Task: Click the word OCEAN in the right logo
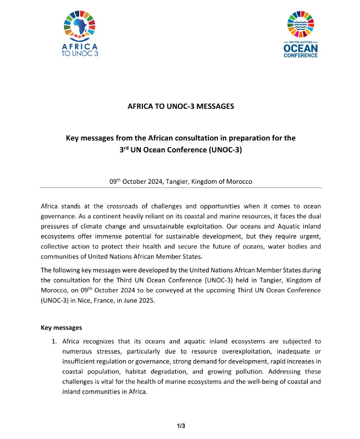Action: click(x=301, y=49)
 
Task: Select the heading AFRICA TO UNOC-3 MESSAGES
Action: click(x=181, y=106)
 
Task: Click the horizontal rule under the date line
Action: click(x=181, y=188)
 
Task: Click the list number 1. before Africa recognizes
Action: click(x=54, y=342)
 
